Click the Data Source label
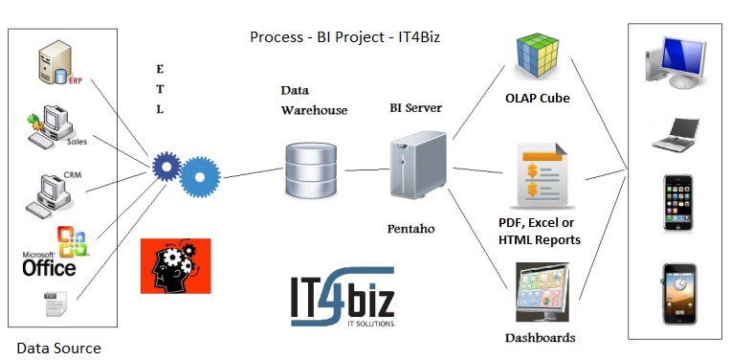pyautogui.click(x=58, y=348)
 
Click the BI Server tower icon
pyautogui.click(x=418, y=169)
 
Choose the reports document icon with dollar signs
pyautogui.click(x=542, y=177)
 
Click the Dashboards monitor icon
pyautogui.click(x=541, y=294)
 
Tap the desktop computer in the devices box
pyautogui.click(x=675, y=66)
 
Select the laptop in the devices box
pyautogui.click(x=675, y=133)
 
